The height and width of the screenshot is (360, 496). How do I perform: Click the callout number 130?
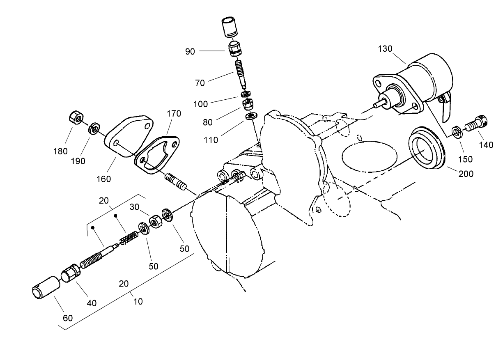tap(386, 49)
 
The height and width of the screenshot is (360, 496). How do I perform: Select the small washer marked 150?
tap(456, 131)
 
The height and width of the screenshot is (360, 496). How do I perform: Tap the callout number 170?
tap(173, 114)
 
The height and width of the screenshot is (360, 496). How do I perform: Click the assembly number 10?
tap(138, 301)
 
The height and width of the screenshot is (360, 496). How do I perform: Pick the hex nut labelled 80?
tap(248, 105)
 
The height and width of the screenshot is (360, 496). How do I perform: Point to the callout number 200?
tap(466, 174)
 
